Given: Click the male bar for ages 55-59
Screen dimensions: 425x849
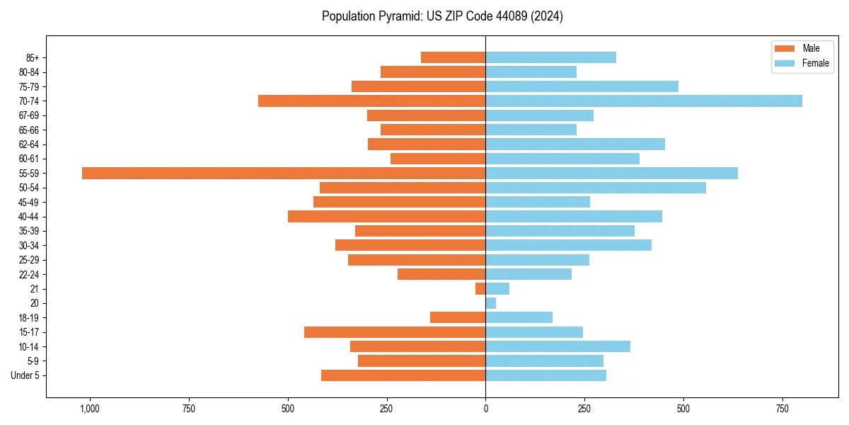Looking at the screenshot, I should tap(284, 173).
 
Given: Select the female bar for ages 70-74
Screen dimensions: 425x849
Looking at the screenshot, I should tap(644, 101).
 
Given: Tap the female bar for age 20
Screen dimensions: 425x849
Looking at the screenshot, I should tap(490, 303).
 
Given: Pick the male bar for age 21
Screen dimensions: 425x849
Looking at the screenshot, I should tap(480, 288).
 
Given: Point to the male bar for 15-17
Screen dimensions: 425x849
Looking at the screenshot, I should tap(395, 331).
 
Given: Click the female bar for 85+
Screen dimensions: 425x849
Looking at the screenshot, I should tap(550, 57).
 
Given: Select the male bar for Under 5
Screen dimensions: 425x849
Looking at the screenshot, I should tap(403, 375).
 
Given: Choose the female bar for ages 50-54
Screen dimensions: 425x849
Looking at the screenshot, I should tap(596, 188).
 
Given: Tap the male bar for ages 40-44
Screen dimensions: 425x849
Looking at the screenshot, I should tap(386, 216).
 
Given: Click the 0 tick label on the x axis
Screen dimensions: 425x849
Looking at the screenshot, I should tap(485, 409).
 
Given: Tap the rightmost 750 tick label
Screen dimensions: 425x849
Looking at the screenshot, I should tap(782, 409).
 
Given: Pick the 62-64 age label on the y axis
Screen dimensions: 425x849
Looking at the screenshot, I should tap(29, 144).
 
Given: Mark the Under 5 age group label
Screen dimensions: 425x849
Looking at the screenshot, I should tap(25, 375).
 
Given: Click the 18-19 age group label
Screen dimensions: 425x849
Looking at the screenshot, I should tap(29, 317).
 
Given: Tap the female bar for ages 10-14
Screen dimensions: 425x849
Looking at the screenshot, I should tap(558, 346).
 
